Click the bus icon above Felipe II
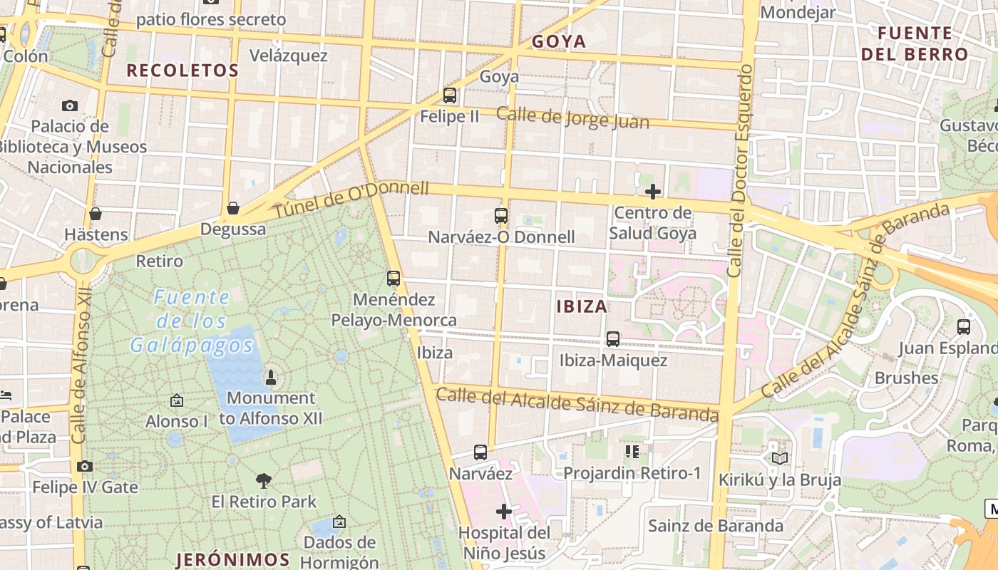point(449,95)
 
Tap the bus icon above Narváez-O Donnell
point(501,215)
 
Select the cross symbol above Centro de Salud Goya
point(652,191)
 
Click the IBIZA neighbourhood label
point(582,306)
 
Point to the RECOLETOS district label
point(182,70)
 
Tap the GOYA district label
point(559,41)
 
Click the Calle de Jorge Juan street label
point(572,118)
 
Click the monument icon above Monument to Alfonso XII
point(270,376)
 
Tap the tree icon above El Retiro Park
point(264,480)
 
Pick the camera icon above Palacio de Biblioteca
point(69,105)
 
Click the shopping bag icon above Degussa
point(232,208)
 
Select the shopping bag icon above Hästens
point(95,213)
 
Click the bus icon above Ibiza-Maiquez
point(612,338)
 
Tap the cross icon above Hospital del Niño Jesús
point(504,511)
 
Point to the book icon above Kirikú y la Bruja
point(779,458)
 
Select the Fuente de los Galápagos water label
point(192,321)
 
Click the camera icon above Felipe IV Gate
point(85,466)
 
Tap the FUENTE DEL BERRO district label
point(915,43)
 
